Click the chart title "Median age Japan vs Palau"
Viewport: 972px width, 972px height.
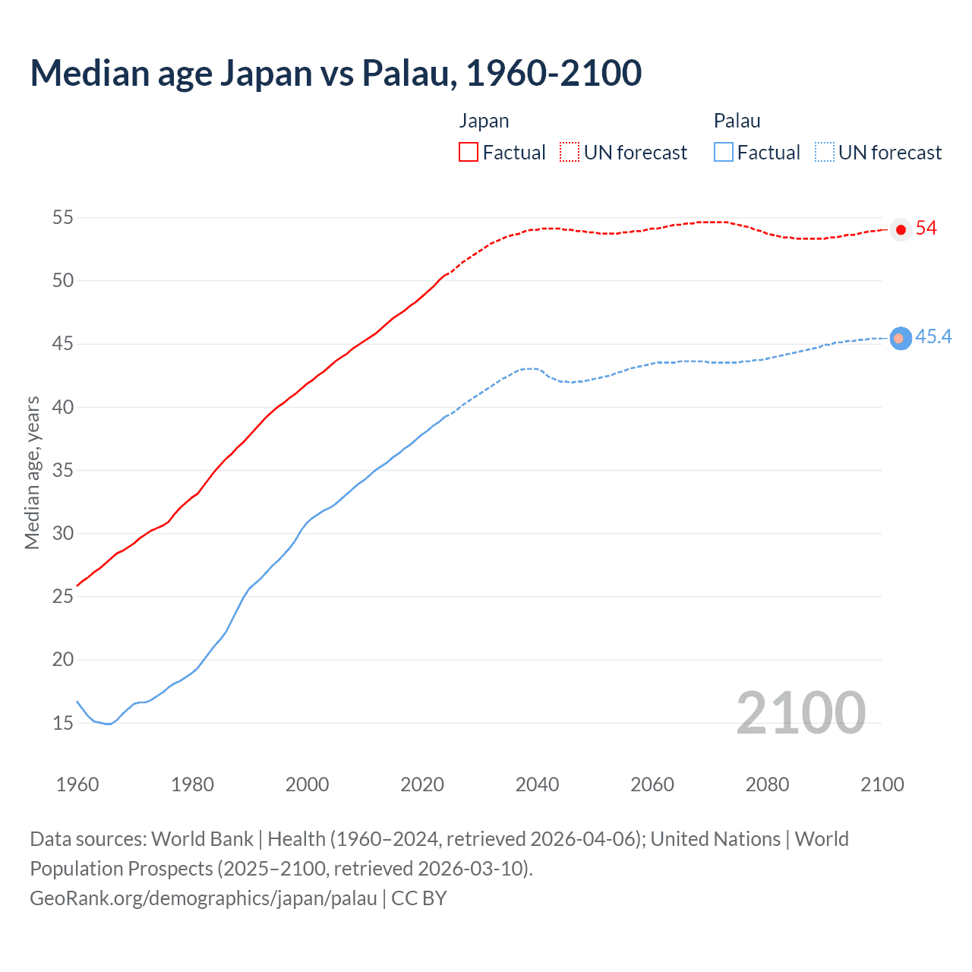[x=336, y=73]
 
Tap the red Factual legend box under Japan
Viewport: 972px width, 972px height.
[x=469, y=152]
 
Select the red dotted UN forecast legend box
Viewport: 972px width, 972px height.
[x=570, y=152]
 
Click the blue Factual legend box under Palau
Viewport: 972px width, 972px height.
[x=724, y=152]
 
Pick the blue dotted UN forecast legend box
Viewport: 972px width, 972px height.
[x=825, y=152]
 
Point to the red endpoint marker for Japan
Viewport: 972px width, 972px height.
[x=901, y=229]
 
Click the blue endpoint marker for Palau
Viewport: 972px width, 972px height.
[x=901, y=338]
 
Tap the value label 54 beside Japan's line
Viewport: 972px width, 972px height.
[x=926, y=229]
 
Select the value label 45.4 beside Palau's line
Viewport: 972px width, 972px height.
[x=933, y=337]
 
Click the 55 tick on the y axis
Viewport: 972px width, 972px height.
[x=63, y=218]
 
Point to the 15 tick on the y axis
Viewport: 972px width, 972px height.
[x=63, y=723]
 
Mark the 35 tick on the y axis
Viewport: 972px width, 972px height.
[x=63, y=470]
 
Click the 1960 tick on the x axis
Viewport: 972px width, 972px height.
[x=77, y=784]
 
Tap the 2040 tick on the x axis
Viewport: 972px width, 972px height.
[x=537, y=784]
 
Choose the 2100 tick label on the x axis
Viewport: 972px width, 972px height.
[x=882, y=784]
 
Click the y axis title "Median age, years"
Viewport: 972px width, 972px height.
[x=32, y=472]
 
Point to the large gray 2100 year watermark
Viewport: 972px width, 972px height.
[x=800, y=712]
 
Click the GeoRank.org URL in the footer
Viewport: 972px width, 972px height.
[x=204, y=898]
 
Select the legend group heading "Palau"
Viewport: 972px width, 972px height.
[x=737, y=121]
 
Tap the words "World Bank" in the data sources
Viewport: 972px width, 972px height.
[x=202, y=839]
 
